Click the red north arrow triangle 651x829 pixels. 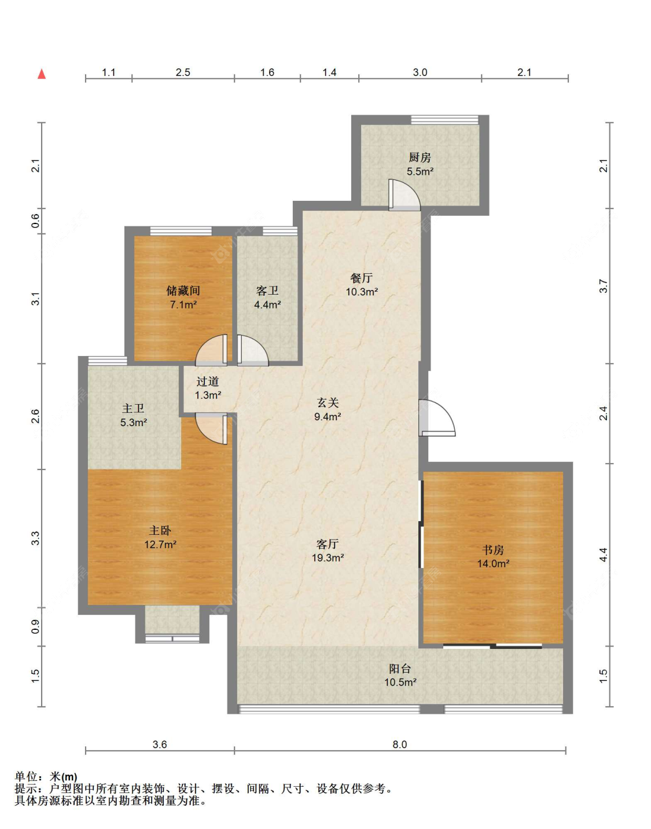pyautogui.click(x=42, y=74)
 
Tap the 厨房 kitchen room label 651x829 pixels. pyautogui.click(x=420, y=157)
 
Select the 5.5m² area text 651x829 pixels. pyautogui.click(x=420, y=171)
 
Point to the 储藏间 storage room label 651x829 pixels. pyautogui.click(x=183, y=291)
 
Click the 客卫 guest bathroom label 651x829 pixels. pyautogui.click(x=267, y=291)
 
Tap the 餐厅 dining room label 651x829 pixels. pyautogui.click(x=361, y=278)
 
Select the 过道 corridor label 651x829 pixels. pyautogui.click(x=208, y=381)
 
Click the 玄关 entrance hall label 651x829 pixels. pyautogui.click(x=328, y=402)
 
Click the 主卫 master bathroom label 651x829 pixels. pyautogui.click(x=133, y=409)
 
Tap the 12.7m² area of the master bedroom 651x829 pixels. pyautogui.click(x=160, y=544)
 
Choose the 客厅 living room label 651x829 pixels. pyautogui.click(x=328, y=544)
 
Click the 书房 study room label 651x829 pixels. pyautogui.click(x=493, y=550)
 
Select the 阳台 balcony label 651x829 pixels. pyautogui.click(x=400, y=669)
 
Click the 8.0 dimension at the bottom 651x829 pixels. pyautogui.click(x=400, y=744)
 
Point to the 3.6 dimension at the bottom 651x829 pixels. pyautogui.click(x=160, y=744)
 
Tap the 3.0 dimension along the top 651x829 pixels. pyautogui.click(x=420, y=72)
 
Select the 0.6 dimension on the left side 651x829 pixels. pyautogui.click(x=35, y=221)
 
